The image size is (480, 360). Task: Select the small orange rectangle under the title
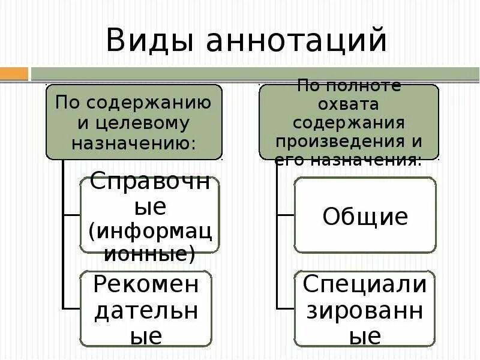[x=14, y=74]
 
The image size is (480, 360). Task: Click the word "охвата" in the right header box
[x=349, y=104]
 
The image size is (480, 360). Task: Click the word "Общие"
[x=365, y=216]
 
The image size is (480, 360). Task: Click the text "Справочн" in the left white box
[x=150, y=182]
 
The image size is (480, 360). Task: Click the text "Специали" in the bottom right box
[x=364, y=284]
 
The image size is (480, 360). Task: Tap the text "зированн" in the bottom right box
[x=364, y=310]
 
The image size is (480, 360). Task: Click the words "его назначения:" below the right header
[x=348, y=160]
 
